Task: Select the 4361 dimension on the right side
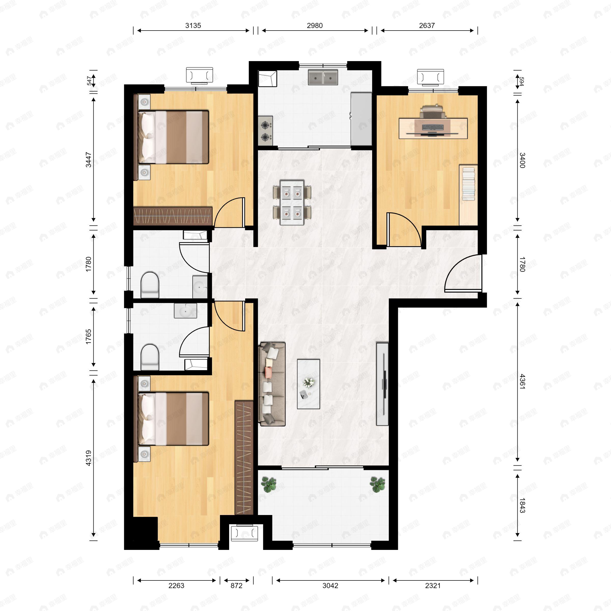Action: click(x=522, y=381)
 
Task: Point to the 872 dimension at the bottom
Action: click(x=236, y=586)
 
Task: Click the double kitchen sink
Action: click(x=323, y=77)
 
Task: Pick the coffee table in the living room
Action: click(x=308, y=384)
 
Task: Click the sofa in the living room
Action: click(x=272, y=384)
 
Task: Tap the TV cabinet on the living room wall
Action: click(x=382, y=384)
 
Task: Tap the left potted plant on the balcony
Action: click(x=269, y=484)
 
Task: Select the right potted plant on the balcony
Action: click(x=378, y=484)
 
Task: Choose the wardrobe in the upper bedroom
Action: click(x=172, y=216)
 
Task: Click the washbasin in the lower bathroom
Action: click(x=185, y=311)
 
